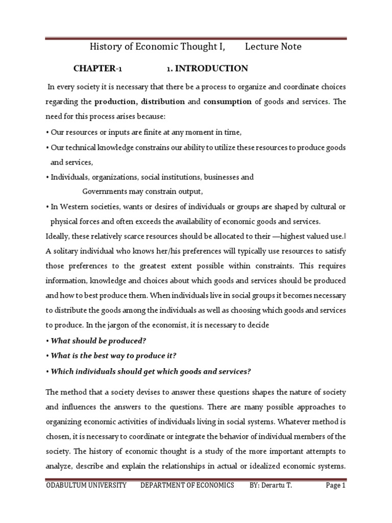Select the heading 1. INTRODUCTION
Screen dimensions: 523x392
click(x=200, y=68)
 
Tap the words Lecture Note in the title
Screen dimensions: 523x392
click(x=273, y=47)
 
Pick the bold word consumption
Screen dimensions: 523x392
click(x=227, y=102)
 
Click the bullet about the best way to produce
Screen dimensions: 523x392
click(x=114, y=356)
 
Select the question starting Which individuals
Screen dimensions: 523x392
click(x=151, y=371)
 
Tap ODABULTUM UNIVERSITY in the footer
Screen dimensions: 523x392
click(x=86, y=485)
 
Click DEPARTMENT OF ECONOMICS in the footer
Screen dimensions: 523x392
click(x=187, y=485)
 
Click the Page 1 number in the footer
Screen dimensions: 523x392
click(x=336, y=485)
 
